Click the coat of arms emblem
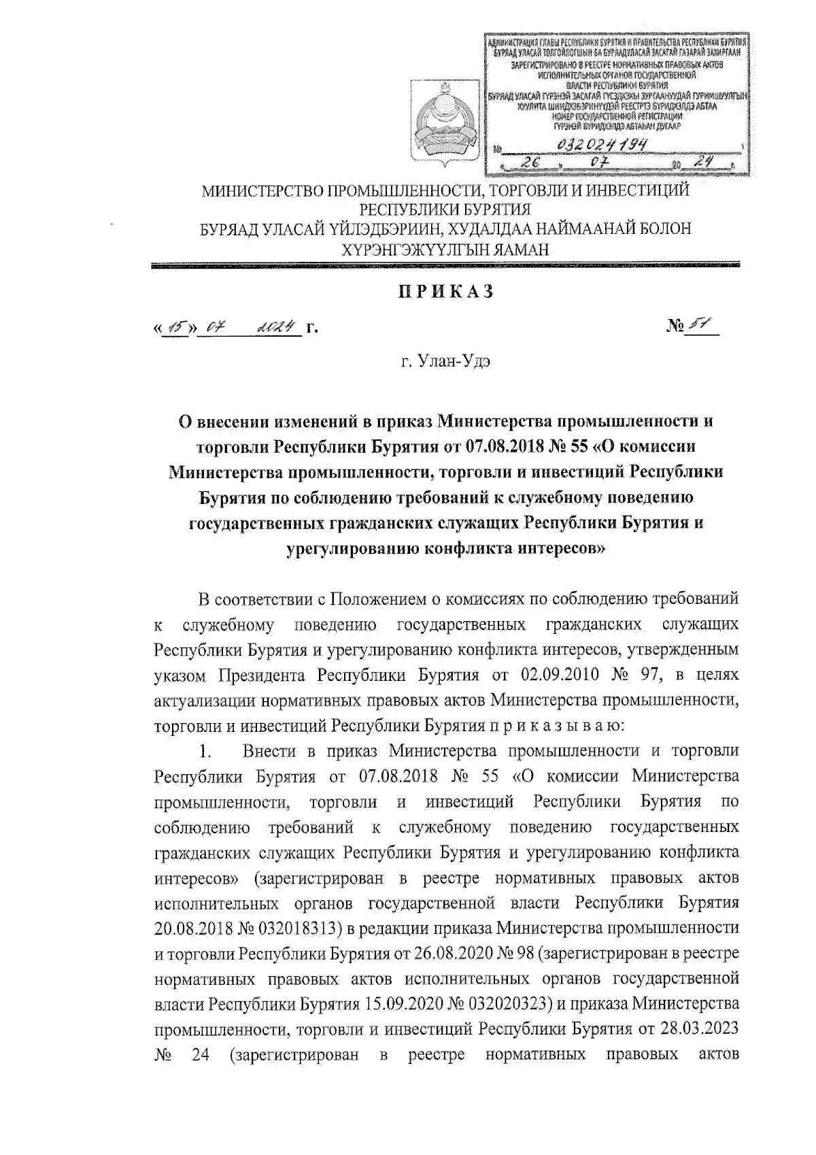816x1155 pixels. (439, 126)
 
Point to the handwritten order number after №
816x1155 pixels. (694, 328)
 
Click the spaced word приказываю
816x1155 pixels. (550, 725)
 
